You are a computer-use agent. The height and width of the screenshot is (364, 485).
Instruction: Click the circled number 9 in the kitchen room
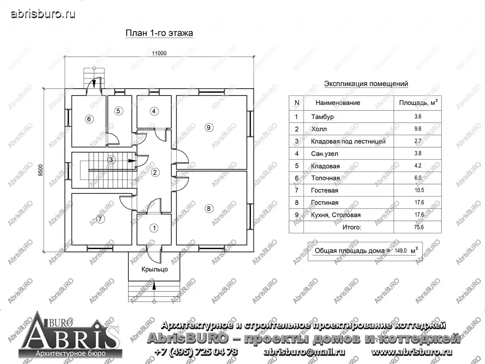209,127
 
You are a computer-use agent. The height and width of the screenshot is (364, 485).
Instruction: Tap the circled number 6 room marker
89,119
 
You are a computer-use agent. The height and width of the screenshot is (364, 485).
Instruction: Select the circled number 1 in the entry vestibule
154,228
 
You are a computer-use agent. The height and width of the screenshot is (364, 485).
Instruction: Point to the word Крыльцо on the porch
154,269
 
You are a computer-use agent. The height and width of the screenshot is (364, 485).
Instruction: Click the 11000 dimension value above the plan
159,53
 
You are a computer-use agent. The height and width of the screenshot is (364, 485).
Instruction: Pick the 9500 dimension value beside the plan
40,170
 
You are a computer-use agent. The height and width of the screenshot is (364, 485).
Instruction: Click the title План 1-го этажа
159,33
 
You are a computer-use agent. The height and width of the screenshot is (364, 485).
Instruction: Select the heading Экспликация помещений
366,84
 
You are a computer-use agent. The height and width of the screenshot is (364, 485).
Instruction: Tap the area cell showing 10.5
419,190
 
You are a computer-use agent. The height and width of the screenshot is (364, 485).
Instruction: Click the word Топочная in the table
325,178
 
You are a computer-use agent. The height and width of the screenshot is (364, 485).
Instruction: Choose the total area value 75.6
419,227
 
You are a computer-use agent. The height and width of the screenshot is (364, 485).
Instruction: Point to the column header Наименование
337,103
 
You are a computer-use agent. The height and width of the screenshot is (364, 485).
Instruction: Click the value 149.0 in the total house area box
401,251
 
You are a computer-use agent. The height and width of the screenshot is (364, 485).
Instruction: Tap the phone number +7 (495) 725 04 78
196,352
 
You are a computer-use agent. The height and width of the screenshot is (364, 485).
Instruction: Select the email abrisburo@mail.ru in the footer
304,352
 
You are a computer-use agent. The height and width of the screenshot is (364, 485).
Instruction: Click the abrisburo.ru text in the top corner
43,14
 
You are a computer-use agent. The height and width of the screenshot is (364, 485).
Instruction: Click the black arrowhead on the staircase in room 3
132,161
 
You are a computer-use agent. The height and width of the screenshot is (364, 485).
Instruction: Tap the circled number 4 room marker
154,111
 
